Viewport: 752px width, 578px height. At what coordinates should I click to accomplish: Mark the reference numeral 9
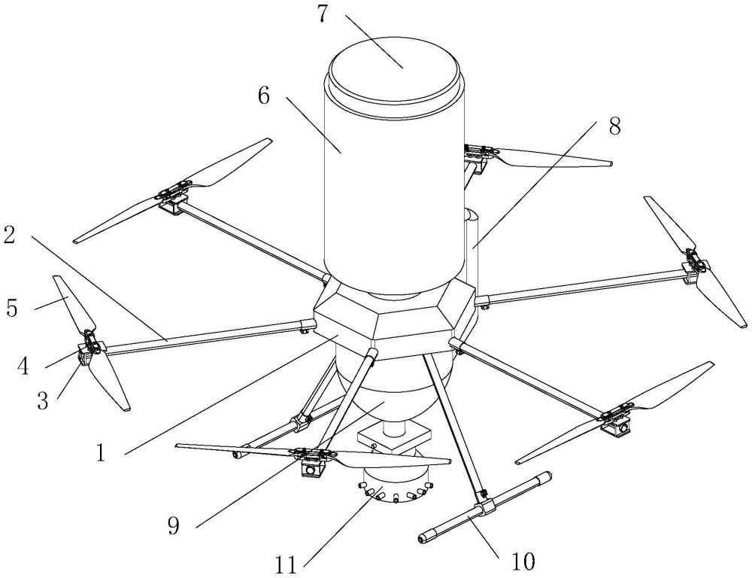point(174,525)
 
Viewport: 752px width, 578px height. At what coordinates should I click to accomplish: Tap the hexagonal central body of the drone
point(391,316)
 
